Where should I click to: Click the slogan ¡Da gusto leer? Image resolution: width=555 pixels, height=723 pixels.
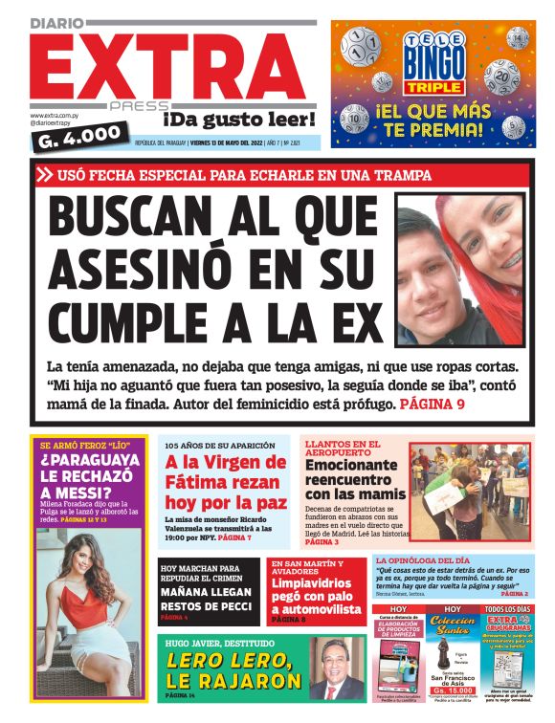pyautogui.click(x=237, y=120)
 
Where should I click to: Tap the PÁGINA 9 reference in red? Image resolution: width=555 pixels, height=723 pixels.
pyautogui.click(x=432, y=405)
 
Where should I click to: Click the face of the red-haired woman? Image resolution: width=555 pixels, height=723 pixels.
pyautogui.click(x=492, y=235)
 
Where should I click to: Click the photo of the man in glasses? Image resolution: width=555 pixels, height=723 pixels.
pyautogui.click(x=333, y=677)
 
